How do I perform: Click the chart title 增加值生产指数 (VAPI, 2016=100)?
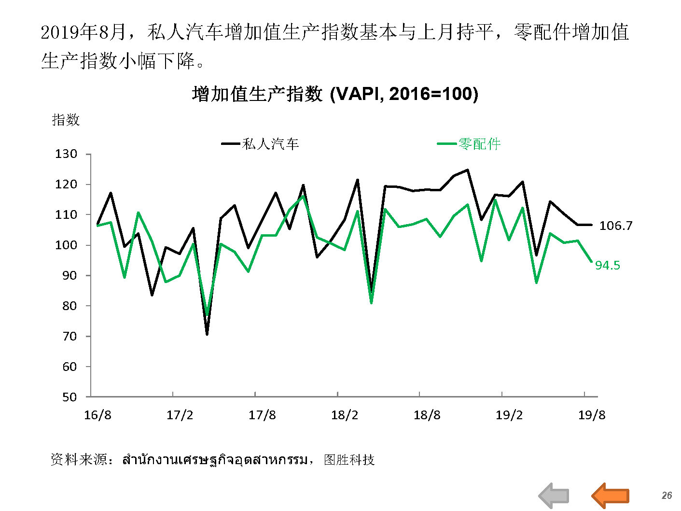(x=335, y=94)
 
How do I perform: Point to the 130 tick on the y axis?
(x=66, y=154)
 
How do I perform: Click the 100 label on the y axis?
(x=66, y=245)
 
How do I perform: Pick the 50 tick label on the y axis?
(x=69, y=397)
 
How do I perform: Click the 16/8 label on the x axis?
(x=97, y=415)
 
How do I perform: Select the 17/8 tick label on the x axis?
(x=262, y=415)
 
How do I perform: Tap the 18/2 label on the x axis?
(x=345, y=415)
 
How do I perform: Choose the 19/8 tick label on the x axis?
(x=592, y=415)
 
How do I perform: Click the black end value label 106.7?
(x=615, y=226)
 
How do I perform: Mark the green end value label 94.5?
(x=607, y=265)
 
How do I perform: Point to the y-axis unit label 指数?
(x=66, y=120)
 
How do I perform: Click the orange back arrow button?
(x=611, y=496)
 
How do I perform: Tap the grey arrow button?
(x=554, y=496)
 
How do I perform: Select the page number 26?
(x=667, y=496)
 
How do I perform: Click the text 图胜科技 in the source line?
(x=349, y=459)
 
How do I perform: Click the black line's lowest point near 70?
(x=207, y=334)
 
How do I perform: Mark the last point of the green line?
(x=591, y=261)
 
